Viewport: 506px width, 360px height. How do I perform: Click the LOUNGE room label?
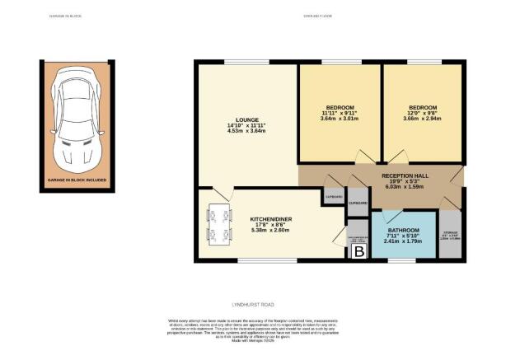coord(246,117)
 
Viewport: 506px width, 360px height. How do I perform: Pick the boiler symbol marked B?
coord(358,252)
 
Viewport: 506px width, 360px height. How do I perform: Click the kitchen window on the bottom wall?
coord(255,261)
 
